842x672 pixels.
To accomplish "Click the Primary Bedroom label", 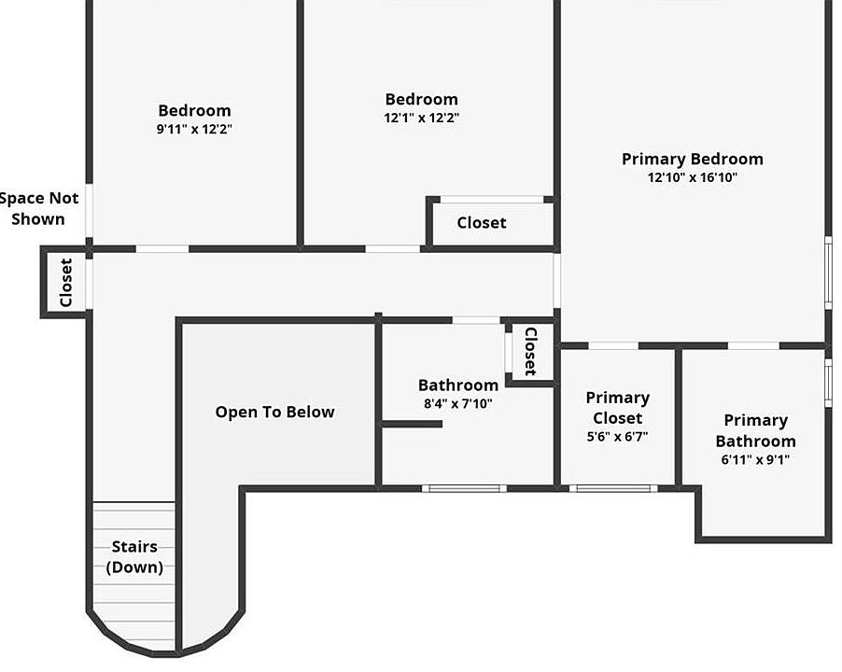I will pos(692,159).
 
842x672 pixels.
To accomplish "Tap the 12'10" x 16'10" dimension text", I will pos(692,177).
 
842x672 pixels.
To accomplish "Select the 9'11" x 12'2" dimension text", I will pos(194,129).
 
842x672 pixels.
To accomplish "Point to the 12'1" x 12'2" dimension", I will pos(422,118).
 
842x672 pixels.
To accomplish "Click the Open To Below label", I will pos(274,412).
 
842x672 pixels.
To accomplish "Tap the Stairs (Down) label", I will pos(134,556).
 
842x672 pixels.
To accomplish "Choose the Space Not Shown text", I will pos(38,208).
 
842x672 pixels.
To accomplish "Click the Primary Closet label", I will pos(617,408).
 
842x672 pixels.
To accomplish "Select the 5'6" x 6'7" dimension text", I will pos(617,436).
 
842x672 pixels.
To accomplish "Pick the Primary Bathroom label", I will pos(755,430).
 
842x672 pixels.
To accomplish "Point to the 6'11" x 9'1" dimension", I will pos(755,459).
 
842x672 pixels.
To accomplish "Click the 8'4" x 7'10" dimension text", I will pos(457,404).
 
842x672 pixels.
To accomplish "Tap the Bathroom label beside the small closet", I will pos(457,385).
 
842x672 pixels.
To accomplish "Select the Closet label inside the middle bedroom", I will pos(482,222).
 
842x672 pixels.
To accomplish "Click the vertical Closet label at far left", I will pos(66,282).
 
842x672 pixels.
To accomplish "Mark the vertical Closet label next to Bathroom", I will pos(530,351).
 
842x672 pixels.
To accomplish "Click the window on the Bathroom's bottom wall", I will pos(464,488).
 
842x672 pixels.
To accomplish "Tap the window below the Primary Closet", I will pos(611,488).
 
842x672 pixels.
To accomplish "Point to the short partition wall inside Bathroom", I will pos(412,424).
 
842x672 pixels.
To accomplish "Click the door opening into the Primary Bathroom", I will pos(753,346).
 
